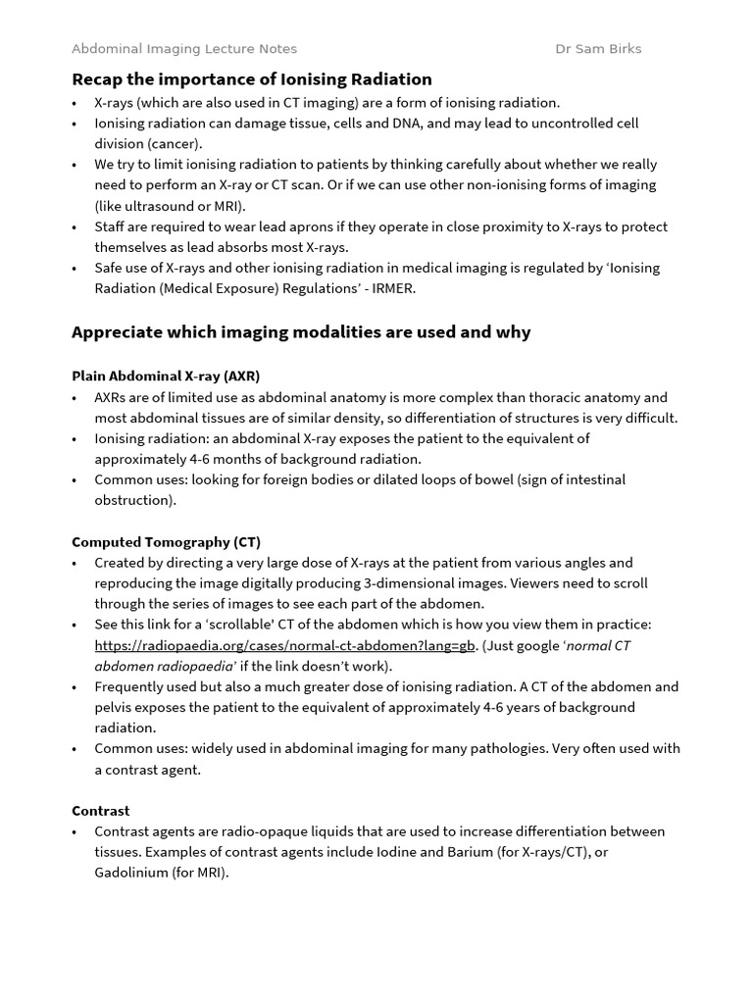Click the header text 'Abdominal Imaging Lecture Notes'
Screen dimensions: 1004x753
[184, 48]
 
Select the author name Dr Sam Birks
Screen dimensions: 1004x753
[598, 48]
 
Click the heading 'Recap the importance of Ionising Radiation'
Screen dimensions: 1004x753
[251, 78]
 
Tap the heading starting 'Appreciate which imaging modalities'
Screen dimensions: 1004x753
[301, 331]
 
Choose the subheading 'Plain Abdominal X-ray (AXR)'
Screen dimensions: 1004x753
[166, 376]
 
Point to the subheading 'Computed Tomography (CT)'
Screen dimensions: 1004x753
[166, 541]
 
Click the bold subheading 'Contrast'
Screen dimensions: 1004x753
[100, 811]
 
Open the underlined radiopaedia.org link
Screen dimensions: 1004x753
[284, 645]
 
